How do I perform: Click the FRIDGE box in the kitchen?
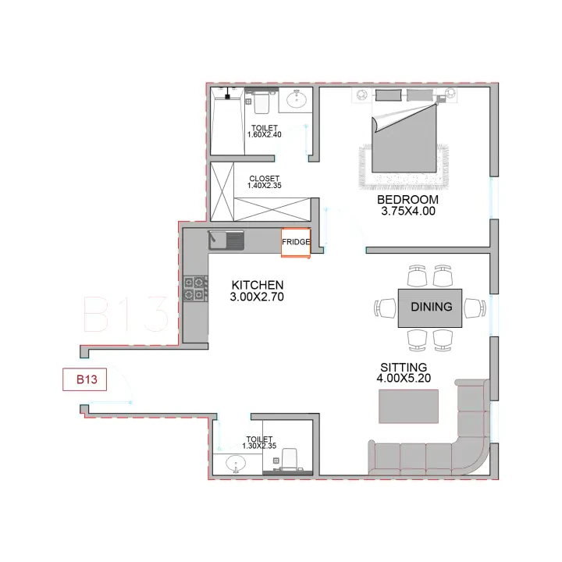click(296, 243)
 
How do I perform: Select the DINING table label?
click(432, 307)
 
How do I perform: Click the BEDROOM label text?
click(407, 200)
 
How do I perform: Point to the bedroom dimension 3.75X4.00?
click(408, 211)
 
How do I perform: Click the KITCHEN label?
click(258, 286)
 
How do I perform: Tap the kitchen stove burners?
click(195, 288)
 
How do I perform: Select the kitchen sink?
click(226, 240)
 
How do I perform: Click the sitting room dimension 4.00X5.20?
click(404, 378)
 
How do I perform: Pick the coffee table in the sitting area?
click(408, 407)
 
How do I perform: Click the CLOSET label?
click(264, 179)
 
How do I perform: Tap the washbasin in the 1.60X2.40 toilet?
click(296, 99)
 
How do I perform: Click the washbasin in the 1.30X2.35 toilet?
click(236, 464)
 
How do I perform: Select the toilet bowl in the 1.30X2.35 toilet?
click(290, 459)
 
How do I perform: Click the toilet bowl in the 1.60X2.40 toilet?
click(261, 102)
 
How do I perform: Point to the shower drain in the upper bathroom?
click(227, 96)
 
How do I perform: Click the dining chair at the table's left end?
click(386, 308)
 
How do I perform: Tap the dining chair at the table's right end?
click(475, 308)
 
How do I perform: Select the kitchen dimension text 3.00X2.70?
click(257, 297)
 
